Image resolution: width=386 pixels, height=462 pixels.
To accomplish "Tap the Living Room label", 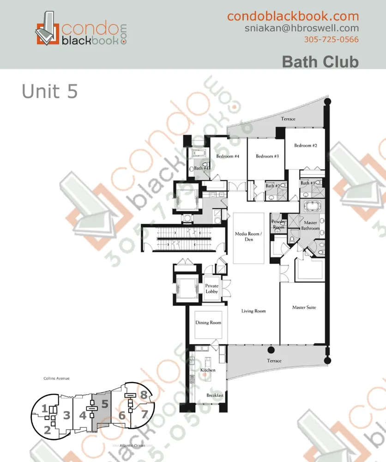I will [x=253, y=311].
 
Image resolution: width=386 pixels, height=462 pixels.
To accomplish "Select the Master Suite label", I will [x=304, y=307].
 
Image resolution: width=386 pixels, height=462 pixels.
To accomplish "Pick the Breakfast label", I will [x=215, y=395].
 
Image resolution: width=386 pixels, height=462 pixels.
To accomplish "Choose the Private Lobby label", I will [x=212, y=289].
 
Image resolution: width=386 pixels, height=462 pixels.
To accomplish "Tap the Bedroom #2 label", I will [x=306, y=146].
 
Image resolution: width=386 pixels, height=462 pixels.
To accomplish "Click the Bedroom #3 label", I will [x=267, y=156].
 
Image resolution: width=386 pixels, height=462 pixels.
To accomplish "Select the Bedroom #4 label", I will [x=227, y=156].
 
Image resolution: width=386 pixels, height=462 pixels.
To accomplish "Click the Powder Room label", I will [x=278, y=225].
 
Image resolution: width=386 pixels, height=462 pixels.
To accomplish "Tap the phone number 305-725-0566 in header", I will [x=331, y=39].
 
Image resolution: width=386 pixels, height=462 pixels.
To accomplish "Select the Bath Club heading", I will [x=320, y=61].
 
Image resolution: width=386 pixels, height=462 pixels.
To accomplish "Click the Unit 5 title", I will [x=49, y=91].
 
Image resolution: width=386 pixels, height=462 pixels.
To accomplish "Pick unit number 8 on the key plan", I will [x=144, y=395].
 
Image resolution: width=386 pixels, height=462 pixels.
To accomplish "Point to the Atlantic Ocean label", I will [x=132, y=445].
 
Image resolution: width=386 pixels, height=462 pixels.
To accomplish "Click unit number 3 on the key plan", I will [x=66, y=415].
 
